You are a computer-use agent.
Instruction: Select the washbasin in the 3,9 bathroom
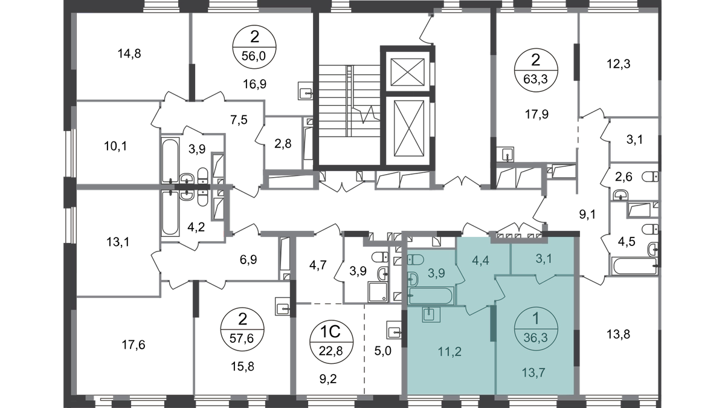[414, 279]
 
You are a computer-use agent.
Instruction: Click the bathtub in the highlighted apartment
[432, 297]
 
